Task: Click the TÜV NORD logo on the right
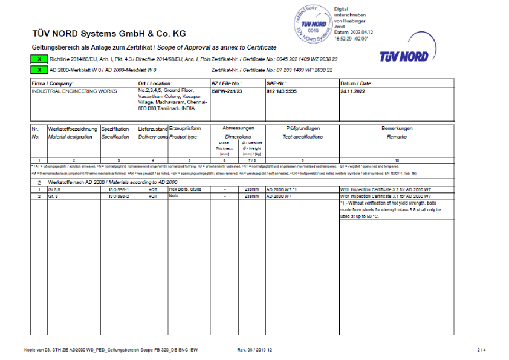[404, 56]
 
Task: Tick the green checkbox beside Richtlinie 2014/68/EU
[39, 60]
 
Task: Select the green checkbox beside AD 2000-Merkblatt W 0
[39, 70]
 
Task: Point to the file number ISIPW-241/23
[226, 90]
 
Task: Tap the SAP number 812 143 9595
[282, 90]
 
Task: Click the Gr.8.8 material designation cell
[55, 189]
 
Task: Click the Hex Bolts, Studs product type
[185, 189]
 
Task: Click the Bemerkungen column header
[397, 128]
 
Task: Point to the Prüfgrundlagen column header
[302, 128]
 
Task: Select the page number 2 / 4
[481, 350]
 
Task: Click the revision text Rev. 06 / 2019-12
[255, 350]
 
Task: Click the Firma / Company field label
[53, 83]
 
